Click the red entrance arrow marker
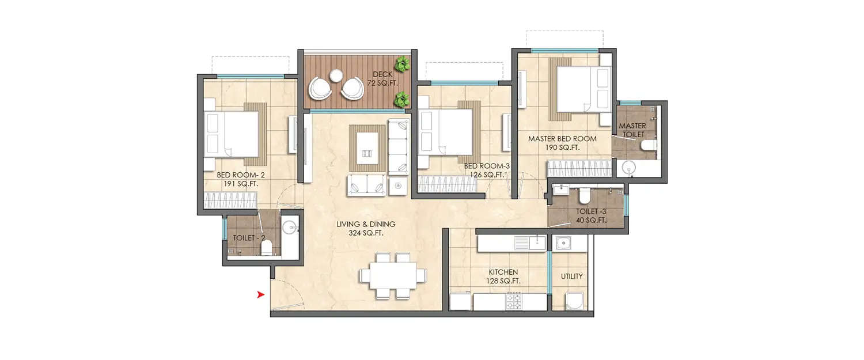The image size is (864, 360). coord(261,295)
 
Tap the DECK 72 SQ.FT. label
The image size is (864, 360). coord(382,79)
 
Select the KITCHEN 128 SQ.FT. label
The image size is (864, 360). coord(504,276)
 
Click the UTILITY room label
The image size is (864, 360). coord(571,276)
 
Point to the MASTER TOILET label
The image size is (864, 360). coord(632,130)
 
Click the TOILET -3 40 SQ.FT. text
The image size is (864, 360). coord(592,215)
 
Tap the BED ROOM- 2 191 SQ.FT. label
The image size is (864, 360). coord(237,179)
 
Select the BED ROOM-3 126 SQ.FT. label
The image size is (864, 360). coord(484,170)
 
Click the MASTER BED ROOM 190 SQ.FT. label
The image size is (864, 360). coord(562,143)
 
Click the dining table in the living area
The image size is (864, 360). coord(393,275)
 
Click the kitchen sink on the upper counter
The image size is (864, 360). coord(529,242)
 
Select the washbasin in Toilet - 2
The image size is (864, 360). coord(290,226)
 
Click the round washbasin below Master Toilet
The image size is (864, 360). coord(627,169)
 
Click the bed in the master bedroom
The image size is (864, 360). coord(582,89)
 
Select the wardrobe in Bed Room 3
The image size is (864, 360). coord(447,184)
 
